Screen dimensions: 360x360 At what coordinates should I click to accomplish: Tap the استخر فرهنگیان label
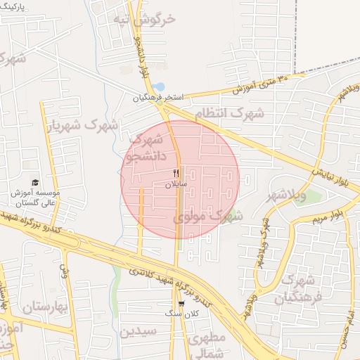point(159,98)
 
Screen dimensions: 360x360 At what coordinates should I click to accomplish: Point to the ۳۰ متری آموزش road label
point(264,83)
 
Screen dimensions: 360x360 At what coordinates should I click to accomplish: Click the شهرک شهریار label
point(82,125)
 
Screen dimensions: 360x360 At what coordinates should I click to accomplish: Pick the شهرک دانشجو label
point(148,148)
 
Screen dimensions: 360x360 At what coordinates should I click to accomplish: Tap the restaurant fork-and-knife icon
point(176,172)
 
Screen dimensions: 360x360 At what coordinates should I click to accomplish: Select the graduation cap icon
point(35,182)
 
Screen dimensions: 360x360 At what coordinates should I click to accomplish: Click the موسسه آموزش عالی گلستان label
point(35,197)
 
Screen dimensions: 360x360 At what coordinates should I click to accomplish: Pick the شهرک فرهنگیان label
point(296,289)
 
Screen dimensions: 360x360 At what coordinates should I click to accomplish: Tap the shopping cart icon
point(181,304)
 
